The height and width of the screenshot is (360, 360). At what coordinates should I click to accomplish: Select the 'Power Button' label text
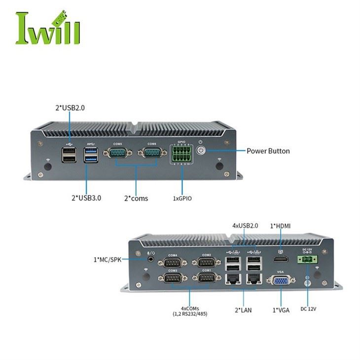tap(268, 151)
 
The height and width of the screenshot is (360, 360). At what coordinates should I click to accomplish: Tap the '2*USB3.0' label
tap(87, 198)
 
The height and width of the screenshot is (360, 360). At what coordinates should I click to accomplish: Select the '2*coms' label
tap(136, 198)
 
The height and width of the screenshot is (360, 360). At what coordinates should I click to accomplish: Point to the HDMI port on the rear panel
tap(280, 260)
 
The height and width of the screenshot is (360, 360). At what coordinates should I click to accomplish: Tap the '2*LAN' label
tap(244, 310)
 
